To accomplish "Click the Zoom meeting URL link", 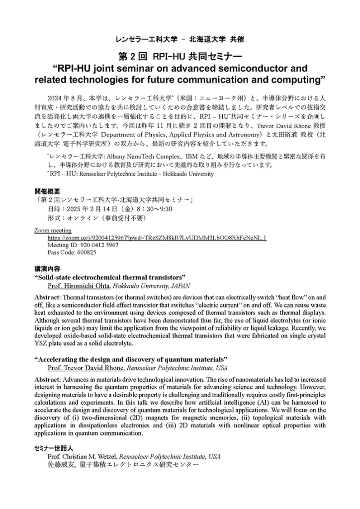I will tap(157, 238).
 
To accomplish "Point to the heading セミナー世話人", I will tap(51, 448).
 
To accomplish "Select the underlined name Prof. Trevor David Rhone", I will tap(86, 368).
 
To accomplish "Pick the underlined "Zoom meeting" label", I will tap(53, 231).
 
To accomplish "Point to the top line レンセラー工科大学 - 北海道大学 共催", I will tap(180, 38).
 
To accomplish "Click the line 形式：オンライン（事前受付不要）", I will tap(99, 218).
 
